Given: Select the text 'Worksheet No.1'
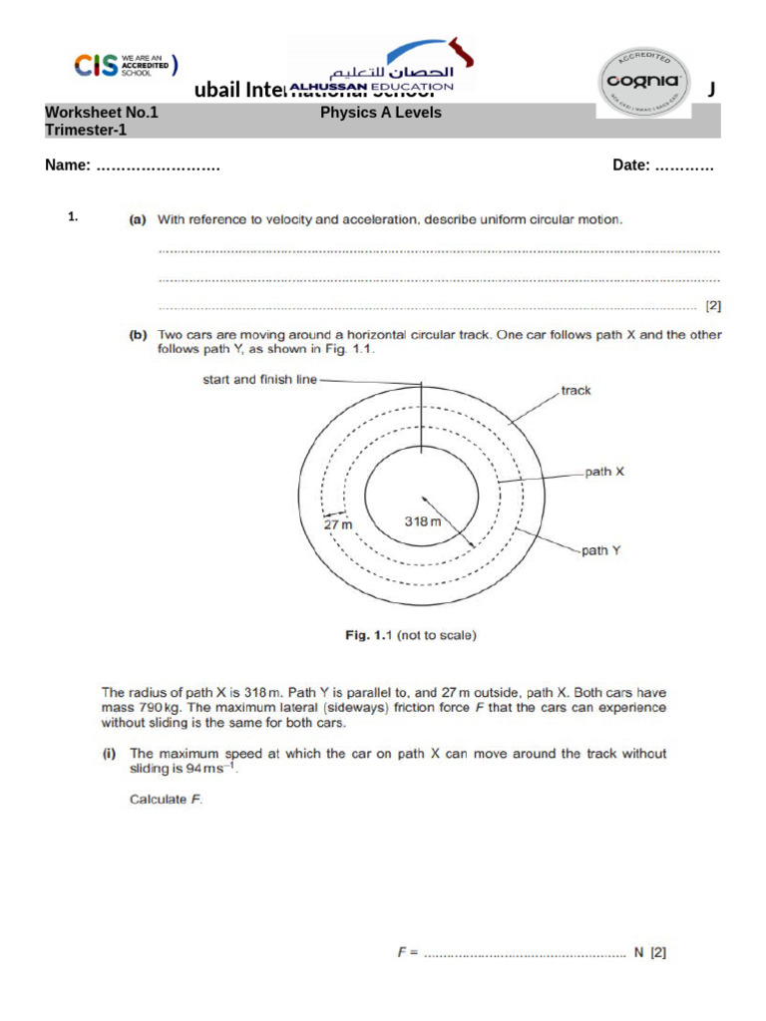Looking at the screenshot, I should coord(102,113).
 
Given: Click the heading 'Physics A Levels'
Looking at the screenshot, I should coord(380,113).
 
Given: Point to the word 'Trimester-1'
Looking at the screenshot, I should coord(86,130).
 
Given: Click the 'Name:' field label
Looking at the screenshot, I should coord(69,166).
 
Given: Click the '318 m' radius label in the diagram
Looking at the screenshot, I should coord(422,520).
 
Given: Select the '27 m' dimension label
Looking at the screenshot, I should coord(339,523).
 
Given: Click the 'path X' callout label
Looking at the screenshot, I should coord(603,472).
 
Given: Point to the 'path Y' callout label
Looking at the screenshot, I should coord(601,549).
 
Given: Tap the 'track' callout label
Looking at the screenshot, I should coord(575,390).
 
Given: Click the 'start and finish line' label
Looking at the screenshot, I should coord(259,379).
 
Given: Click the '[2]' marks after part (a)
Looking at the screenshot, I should coord(713,306).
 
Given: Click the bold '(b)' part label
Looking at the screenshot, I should coord(138,335).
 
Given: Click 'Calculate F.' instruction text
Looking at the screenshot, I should coord(166,799).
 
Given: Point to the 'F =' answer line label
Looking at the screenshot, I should coord(407,952).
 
